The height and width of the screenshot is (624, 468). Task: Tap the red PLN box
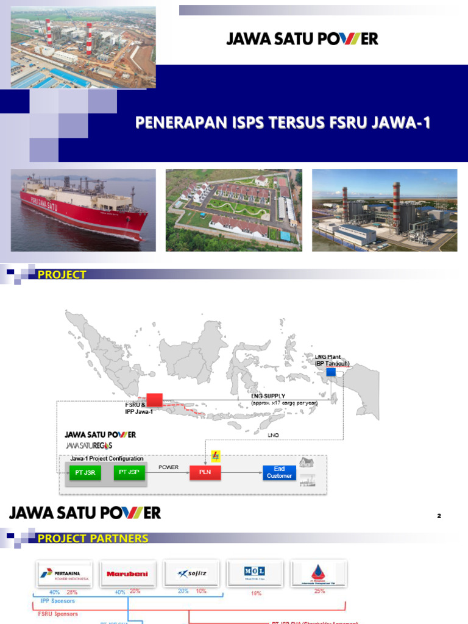tap(205, 472)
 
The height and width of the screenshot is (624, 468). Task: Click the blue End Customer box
tap(280, 472)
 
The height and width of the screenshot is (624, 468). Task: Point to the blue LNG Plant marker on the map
tap(331, 372)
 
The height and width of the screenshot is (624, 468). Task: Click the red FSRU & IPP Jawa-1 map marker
tap(154, 400)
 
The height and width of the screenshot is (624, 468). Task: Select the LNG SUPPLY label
tap(269, 395)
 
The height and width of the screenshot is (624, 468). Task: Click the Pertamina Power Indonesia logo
tap(65, 573)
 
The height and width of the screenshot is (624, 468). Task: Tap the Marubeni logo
tap(128, 573)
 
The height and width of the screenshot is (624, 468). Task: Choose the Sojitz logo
tap(191, 573)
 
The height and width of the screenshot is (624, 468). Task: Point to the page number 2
tap(439, 516)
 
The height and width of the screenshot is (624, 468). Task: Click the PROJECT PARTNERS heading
tap(93, 539)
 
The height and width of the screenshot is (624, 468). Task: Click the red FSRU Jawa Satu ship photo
tap(83, 210)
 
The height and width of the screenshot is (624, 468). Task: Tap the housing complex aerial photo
tap(233, 210)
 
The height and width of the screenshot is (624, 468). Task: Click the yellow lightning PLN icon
tap(215, 456)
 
